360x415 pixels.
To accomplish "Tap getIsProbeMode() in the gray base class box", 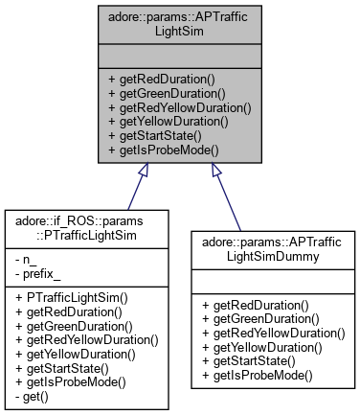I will pos(157,150).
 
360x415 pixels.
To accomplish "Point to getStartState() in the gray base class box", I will pos(154,136).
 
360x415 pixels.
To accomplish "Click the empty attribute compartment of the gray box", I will pos(179,57).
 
